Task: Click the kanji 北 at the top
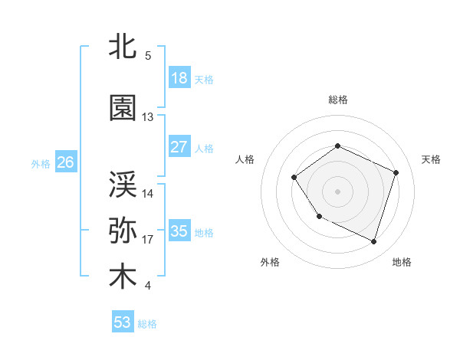123,47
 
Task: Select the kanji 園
123,108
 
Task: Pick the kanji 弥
123,231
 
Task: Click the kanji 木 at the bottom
123,277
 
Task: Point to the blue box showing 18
179,78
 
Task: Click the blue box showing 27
179,147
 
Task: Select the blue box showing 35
179,231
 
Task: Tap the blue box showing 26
65,162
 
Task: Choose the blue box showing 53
123,322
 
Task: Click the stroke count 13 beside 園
148,117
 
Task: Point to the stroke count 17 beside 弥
148,240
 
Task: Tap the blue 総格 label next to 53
147,324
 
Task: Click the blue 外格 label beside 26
40,163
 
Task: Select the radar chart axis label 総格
337,100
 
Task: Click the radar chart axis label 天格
432,159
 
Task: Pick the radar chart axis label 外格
270,263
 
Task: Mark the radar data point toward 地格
373,242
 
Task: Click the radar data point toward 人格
294,178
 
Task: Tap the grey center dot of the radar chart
337,191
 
